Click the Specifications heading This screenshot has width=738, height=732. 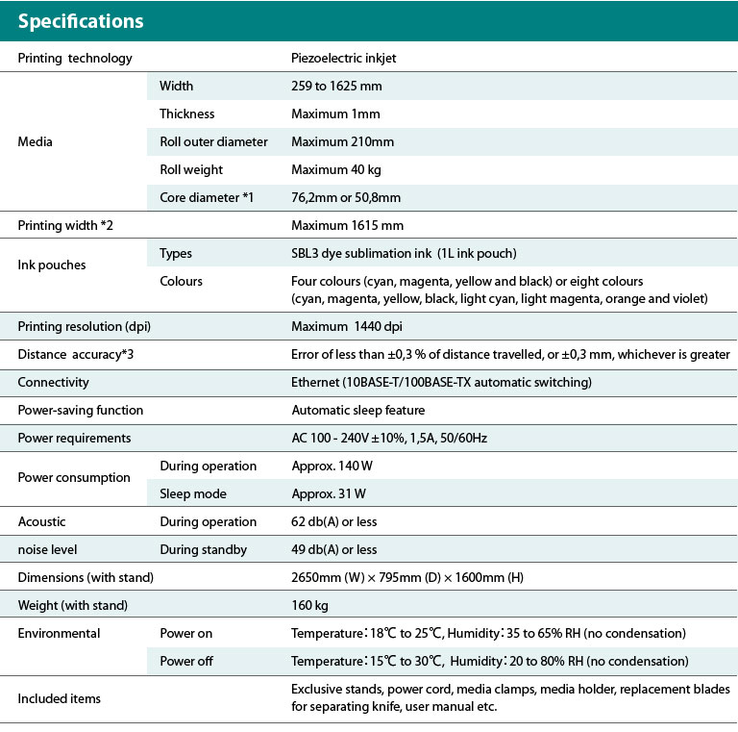tap(81, 21)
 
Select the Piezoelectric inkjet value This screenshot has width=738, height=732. tap(343, 58)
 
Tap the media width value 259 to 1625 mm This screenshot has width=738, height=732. tap(336, 86)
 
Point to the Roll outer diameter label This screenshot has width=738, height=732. tap(213, 141)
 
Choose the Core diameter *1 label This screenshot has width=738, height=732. tap(207, 197)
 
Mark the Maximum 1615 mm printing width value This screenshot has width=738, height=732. tap(347, 225)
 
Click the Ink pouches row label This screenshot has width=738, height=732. tap(52, 265)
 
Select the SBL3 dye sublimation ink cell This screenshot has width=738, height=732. tap(404, 253)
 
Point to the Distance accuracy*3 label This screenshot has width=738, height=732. tap(75, 354)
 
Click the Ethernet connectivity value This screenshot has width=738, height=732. tap(441, 382)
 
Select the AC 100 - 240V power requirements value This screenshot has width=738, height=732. tap(390, 438)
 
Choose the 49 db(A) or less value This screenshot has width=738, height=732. tap(333, 549)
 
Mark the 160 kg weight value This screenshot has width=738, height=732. tap(309, 605)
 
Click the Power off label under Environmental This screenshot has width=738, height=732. tap(186, 661)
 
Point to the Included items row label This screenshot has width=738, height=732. tap(59, 697)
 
